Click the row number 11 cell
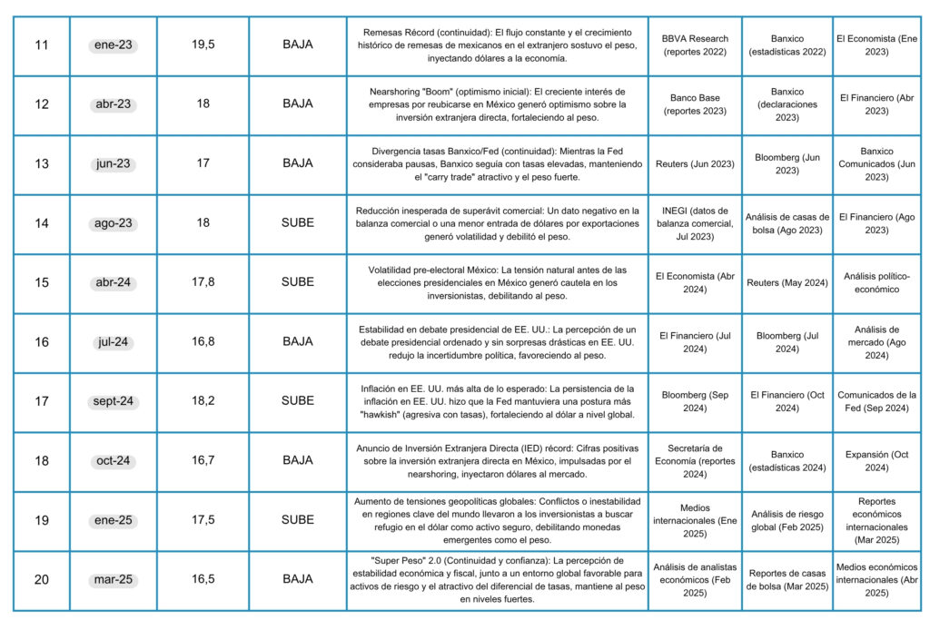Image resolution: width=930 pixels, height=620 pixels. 42,45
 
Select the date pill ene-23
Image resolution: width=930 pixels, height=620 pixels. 113,45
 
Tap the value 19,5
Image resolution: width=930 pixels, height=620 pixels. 203,45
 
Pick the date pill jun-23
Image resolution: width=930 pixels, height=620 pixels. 113,164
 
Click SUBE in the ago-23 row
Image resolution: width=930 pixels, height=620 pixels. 298,223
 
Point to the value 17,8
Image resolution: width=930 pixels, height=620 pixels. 203,282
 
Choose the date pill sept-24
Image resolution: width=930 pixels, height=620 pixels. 113,401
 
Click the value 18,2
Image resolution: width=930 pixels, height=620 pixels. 203,401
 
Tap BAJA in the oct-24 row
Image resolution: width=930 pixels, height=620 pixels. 298,460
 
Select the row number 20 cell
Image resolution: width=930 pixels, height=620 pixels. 42,579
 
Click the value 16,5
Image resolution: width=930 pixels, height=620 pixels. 203,579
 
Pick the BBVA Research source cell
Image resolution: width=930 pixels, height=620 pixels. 695,45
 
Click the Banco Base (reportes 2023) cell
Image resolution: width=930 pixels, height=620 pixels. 695,104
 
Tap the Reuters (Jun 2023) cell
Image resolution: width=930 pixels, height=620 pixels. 695,164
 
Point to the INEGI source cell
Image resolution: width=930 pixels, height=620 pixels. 695,223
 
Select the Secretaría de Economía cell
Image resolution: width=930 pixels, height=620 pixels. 695,460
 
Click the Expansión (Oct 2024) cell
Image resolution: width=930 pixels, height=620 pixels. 876,460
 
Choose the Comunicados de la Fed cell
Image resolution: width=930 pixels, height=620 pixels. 876,401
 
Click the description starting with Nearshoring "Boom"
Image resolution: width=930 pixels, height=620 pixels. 498,104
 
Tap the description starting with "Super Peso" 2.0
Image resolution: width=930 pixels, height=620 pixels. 498,579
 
